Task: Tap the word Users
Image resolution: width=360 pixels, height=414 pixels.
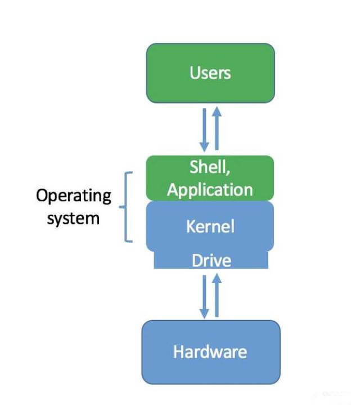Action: click(x=210, y=73)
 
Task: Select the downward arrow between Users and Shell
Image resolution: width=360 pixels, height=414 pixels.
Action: click(x=205, y=130)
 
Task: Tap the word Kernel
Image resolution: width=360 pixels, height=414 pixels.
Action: click(x=210, y=227)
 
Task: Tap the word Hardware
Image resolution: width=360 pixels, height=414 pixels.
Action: click(x=210, y=352)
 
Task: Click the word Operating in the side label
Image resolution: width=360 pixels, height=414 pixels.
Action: click(x=74, y=196)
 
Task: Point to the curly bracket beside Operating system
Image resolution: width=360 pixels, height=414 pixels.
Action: click(x=127, y=206)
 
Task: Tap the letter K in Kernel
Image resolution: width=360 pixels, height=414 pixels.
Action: click(x=190, y=227)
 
